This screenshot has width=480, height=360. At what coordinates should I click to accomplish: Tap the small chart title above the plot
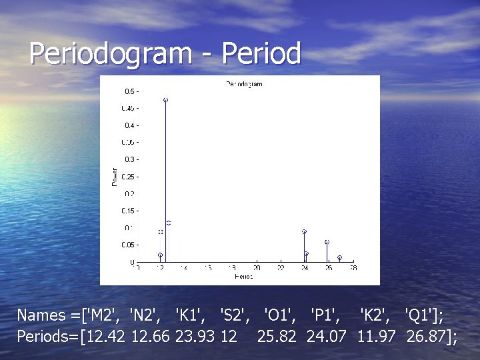coord(244,84)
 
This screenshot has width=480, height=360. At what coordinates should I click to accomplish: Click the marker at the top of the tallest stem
coord(165,100)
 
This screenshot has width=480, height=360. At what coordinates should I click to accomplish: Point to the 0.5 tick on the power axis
coord(128,91)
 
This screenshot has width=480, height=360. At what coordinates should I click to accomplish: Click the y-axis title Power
coord(114,177)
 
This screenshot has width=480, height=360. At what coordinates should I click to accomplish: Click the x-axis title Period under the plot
coord(244,276)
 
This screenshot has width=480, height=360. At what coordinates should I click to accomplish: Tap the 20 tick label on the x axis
coord(257,269)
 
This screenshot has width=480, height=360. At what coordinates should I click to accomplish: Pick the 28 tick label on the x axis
coord(351,269)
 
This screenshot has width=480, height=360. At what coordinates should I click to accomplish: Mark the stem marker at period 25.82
coord(327,242)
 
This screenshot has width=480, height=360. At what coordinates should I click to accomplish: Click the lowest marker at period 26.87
coord(339,257)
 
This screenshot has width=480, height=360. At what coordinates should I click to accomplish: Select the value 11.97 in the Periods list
coord(377,337)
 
